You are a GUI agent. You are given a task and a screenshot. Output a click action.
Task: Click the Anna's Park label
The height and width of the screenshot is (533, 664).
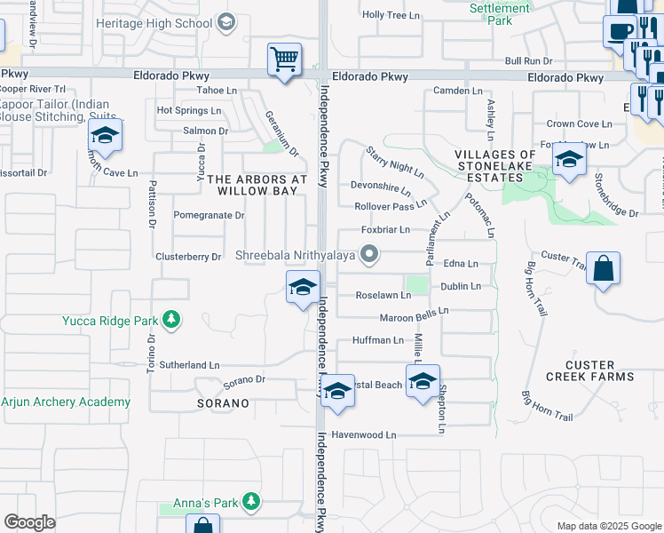(x=202, y=503)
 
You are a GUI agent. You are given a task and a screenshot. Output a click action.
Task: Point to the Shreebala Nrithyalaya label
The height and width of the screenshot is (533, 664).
(x=295, y=256)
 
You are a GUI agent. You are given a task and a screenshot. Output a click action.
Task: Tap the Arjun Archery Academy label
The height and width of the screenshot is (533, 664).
(x=66, y=402)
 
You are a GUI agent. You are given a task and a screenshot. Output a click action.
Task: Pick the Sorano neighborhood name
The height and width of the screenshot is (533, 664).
(x=217, y=403)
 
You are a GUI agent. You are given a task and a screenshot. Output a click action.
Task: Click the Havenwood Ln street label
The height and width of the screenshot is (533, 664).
(x=363, y=435)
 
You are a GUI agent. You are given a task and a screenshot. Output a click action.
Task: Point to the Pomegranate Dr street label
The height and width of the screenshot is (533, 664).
(x=209, y=215)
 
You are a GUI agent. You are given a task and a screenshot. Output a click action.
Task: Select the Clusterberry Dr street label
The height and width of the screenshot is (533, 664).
(x=187, y=258)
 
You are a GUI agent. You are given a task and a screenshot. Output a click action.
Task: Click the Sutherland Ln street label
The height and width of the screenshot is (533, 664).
(x=189, y=365)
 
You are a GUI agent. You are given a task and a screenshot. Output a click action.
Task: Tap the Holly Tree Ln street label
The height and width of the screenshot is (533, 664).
(x=391, y=15)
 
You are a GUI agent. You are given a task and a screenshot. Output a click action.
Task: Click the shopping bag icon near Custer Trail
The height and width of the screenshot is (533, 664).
(x=603, y=268)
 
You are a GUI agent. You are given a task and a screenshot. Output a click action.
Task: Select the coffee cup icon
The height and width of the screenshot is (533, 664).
(x=619, y=31)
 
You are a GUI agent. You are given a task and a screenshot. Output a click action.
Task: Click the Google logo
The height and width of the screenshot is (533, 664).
(x=29, y=521)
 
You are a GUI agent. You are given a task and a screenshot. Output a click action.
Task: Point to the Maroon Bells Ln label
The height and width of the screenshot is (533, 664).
(x=415, y=311)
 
